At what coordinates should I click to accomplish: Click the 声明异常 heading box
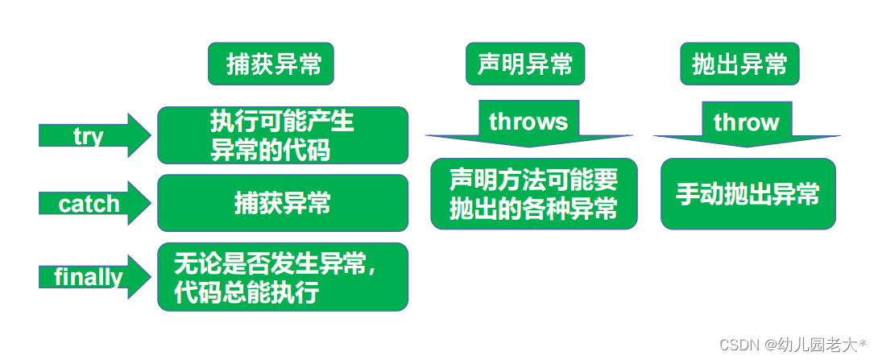coord(525,64)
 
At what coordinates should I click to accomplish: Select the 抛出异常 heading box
coord(739,64)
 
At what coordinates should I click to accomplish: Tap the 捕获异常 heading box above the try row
coord(271,64)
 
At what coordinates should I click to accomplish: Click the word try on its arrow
coord(89,136)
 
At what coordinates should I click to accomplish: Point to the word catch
coord(89,204)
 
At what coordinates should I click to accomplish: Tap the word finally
coord(89,277)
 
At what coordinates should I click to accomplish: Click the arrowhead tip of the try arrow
coord(151,135)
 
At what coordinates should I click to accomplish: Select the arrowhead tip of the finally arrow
coord(151,276)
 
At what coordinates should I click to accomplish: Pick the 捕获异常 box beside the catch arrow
coord(283,203)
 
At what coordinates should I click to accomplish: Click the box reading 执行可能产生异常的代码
coord(283,135)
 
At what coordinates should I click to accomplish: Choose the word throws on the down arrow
coord(528,122)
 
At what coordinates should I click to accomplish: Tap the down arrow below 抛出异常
coord(747,124)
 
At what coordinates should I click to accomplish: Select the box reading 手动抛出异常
coord(748,194)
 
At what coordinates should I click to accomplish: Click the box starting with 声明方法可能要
coord(534,194)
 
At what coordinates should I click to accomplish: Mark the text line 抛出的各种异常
coord(533,209)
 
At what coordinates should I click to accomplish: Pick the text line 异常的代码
coord(271,150)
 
